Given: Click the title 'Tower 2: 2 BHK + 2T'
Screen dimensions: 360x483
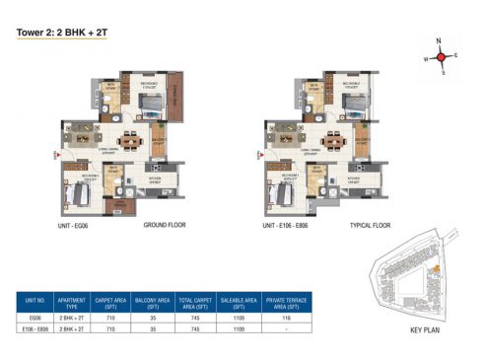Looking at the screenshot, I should click(56, 31).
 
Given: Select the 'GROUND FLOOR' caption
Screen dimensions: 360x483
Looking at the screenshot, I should click(166, 226).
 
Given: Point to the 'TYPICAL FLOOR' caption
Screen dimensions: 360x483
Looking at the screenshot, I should click(371, 226).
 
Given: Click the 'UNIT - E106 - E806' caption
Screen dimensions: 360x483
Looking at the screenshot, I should click(296, 226).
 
